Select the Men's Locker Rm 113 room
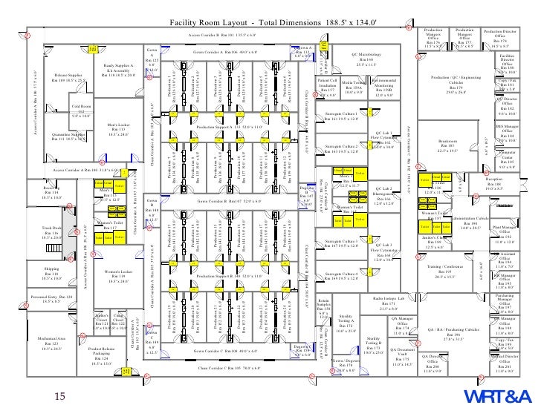[119, 129]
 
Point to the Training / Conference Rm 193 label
[446, 269]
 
